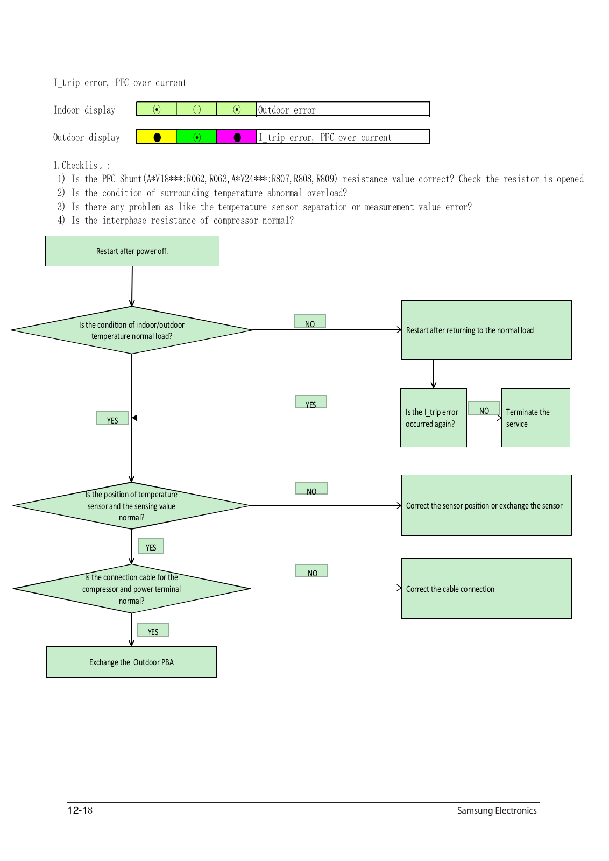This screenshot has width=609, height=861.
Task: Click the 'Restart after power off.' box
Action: tap(132, 251)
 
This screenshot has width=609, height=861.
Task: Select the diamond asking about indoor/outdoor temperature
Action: tap(132, 330)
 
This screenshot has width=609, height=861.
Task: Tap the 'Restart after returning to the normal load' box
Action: tap(486, 330)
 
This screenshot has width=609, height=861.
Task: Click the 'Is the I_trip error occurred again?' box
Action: tap(434, 418)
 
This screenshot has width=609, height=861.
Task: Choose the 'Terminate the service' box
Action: tap(536, 418)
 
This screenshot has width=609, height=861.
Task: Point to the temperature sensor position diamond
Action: tap(131, 505)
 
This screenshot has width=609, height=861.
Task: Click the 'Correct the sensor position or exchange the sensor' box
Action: tap(486, 505)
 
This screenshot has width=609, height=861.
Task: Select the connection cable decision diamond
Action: tap(131, 589)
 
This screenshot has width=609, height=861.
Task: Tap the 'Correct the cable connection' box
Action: tap(486, 589)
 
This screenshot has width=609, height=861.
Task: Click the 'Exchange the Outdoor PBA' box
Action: tap(131, 662)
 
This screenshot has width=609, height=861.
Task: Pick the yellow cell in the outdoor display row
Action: tap(157, 137)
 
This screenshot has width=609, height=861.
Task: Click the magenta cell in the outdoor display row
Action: tap(236, 137)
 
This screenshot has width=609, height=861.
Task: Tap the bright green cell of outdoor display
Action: tap(196, 137)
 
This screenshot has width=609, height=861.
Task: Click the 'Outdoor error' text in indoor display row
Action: tap(287, 110)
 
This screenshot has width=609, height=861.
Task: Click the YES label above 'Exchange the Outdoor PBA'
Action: tap(153, 630)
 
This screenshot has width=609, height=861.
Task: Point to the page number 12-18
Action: tap(80, 810)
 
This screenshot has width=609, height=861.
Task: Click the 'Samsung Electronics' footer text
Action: tap(497, 810)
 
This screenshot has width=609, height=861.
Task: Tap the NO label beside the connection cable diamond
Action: tap(312, 571)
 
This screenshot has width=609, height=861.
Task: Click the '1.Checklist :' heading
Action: tap(82, 165)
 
